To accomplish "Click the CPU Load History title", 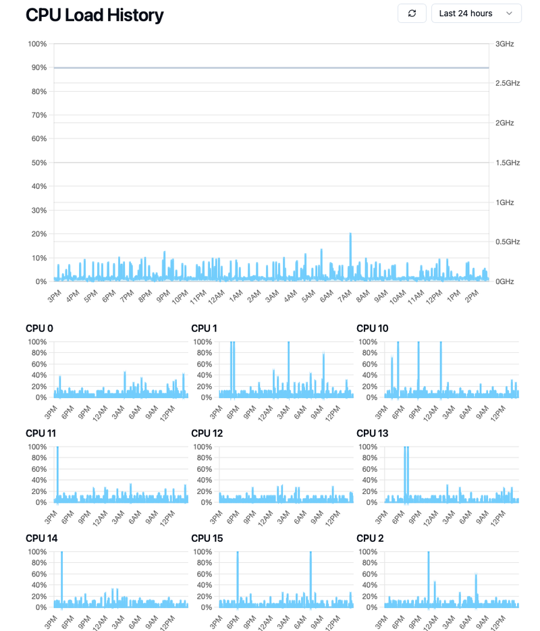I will [x=94, y=15].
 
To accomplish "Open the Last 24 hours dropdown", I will [x=476, y=13].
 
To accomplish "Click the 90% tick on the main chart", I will [x=37, y=67].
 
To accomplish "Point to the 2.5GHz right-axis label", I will [x=508, y=83].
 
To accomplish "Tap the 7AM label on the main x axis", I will [x=344, y=296].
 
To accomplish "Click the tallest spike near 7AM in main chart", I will [x=350, y=235].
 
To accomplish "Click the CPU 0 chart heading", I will [x=39, y=329].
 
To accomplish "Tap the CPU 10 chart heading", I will [x=372, y=329].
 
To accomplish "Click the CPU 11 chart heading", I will [x=40, y=433].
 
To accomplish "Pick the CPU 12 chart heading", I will [x=207, y=433].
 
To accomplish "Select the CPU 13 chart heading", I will [x=372, y=433].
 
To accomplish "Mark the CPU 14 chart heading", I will [x=41, y=539].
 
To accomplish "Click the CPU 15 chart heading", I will [x=207, y=539].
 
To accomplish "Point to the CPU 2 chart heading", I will [x=370, y=539].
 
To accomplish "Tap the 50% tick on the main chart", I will [x=37, y=163].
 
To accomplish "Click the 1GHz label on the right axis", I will [x=505, y=202].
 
